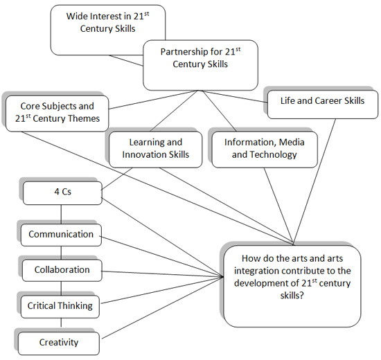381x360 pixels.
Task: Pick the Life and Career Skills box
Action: (322, 101)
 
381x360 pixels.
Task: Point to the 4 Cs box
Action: (62, 192)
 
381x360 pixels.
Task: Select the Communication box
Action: (61, 235)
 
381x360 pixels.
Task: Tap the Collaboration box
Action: (62, 269)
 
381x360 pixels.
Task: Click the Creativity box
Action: (58, 342)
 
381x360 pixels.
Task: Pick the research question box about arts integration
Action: (291, 284)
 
